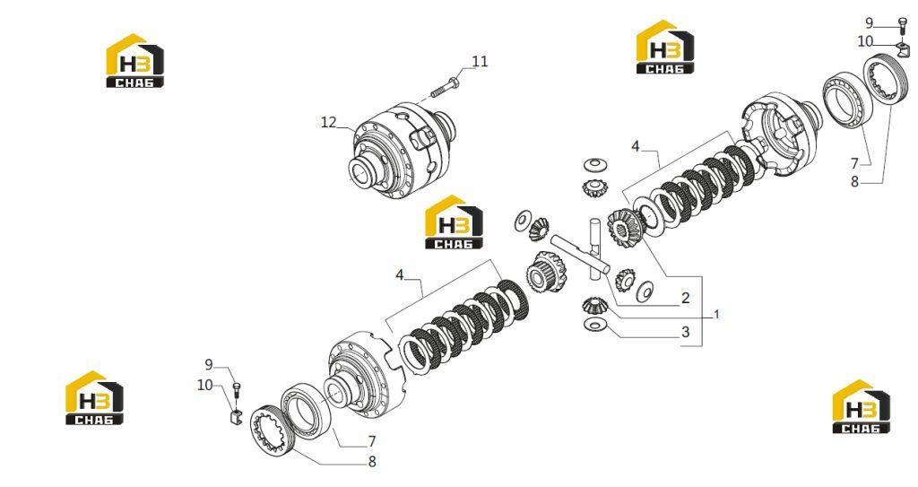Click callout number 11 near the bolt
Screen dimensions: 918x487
point(481,62)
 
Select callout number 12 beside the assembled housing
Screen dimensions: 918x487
point(329,122)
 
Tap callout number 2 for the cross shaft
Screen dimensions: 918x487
point(686,298)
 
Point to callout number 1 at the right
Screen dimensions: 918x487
point(716,315)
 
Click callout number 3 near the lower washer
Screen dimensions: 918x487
point(686,332)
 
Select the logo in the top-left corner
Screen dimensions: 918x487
point(134,61)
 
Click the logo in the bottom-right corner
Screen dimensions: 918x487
point(862,406)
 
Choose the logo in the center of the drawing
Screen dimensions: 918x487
point(454,222)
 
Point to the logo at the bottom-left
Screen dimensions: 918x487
point(94,397)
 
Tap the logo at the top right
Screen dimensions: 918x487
point(665,48)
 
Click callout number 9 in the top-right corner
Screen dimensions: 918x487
point(870,23)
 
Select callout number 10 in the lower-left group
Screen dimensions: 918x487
point(205,385)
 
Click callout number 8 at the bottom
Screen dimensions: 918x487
point(372,462)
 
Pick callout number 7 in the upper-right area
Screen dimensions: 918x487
point(854,163)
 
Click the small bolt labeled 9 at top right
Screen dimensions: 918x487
point(903,26)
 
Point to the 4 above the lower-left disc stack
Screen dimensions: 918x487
point(400,274)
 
